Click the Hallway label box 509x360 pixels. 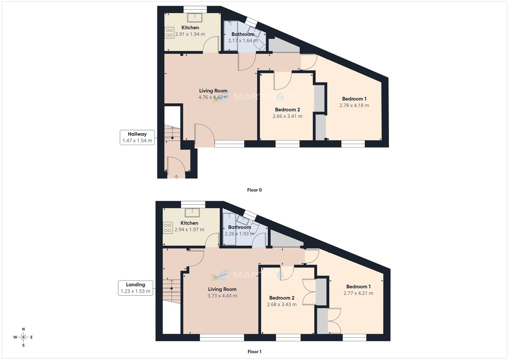point(137,137)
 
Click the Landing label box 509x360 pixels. point(135,288)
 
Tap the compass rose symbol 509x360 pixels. point(24,337)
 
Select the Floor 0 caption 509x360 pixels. point(255,190)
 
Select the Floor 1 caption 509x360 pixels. point(255,352)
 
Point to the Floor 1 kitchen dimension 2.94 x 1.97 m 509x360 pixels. point(189,230)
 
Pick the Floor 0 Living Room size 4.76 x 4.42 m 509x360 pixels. point(213,97)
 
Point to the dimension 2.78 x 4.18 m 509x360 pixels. point(354,105)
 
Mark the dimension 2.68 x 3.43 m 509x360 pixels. point(282,304)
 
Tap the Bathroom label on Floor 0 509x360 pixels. point(243,34)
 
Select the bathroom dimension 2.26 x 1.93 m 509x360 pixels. point(239,234)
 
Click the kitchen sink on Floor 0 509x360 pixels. point(196,17)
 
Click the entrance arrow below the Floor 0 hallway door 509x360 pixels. point(176,176)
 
